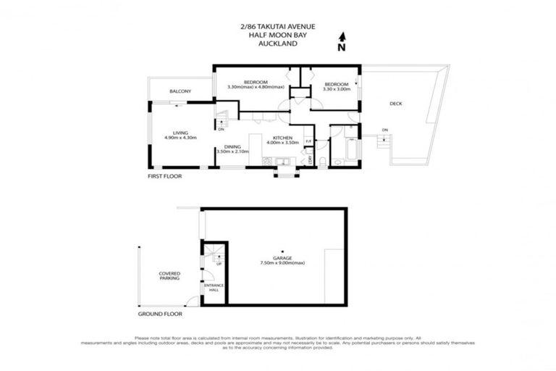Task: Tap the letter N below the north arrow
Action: pos(342,47)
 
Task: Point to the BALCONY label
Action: pos(180,91)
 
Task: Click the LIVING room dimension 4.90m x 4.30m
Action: pos(176,138)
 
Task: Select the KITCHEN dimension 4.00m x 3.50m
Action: pos(282,143)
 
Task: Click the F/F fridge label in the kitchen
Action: pos(308,141)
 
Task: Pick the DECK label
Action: pos(395,104)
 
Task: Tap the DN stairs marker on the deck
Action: pos(385,130)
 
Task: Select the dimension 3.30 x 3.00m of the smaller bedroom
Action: pos(337,88)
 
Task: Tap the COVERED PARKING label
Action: pos(169,276)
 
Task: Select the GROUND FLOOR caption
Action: pos(160,314)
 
